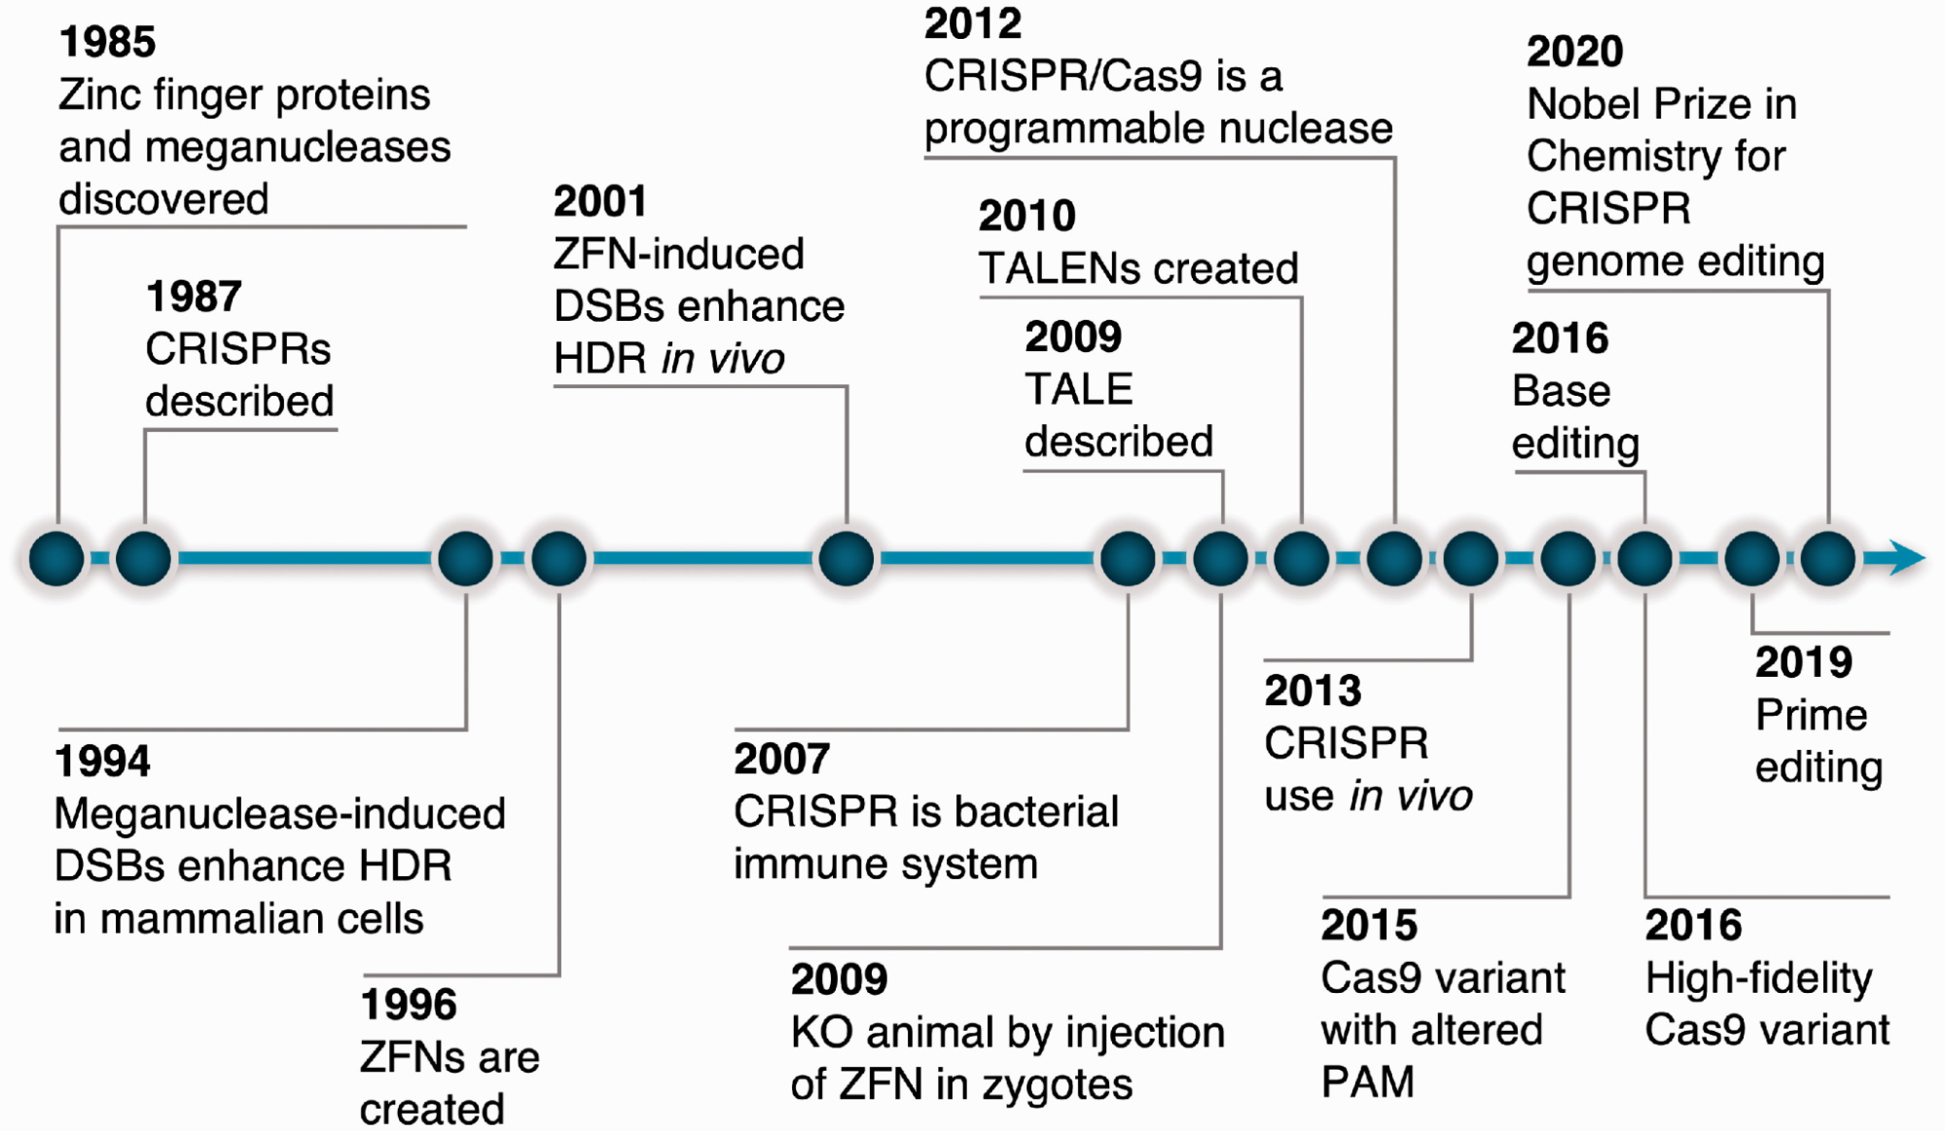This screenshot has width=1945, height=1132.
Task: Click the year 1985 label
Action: pyautogui.click(x=107, y=42)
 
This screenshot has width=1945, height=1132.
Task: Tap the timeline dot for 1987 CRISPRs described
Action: pyautogui.click(x=144, y=558)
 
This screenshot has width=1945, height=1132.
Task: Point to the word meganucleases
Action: pyautogui.click(x=298, y=147)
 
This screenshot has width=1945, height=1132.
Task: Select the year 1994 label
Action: pyautogui.click(x=103, y=761)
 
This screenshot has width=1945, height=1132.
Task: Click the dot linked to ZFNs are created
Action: pyautogui.click(x=558, y=558)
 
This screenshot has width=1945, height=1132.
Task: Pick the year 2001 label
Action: pyautogui.click(x=600, y=202)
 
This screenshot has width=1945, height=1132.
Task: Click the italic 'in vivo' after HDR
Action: pyautogui.click(x=723, y=359)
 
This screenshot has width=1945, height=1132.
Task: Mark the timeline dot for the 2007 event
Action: pyautogui.click(x=1128, y=558)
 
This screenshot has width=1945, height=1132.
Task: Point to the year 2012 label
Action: pyautogui.click(x=973, y=24)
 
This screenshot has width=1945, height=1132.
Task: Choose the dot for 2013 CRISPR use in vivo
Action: pyautogui.click(x=1470, y=558)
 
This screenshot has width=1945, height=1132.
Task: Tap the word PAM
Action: pyautogui.click(x=1367, y=1081)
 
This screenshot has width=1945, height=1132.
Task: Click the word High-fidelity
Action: pyautogui.click(x=1758, y=978)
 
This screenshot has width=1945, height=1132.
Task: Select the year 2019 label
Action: pyautogui.click(x=1803, y=662)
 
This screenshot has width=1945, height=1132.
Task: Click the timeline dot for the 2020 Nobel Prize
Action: pyautogui.click(x=1828, y=558)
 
